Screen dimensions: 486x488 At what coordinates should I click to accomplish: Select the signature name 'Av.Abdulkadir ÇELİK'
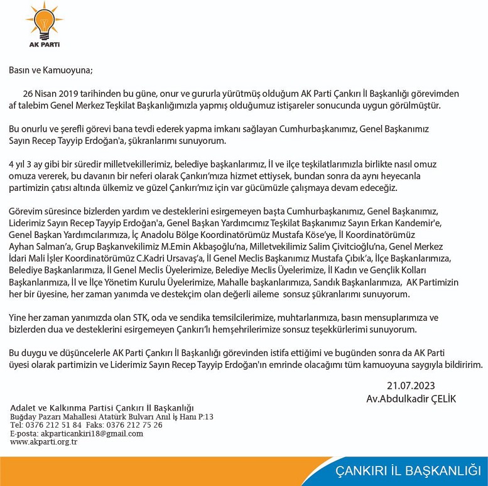411,399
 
